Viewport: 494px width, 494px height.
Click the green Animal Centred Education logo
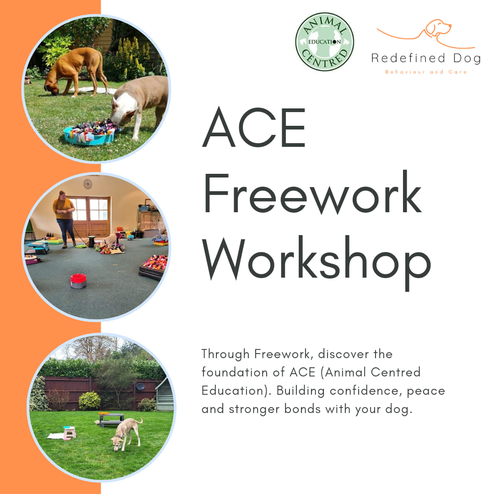click(x=324, y=42)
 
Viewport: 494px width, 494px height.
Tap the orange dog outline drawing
click(x=425, y=33)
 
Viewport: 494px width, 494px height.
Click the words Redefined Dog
click(x=426, y=59)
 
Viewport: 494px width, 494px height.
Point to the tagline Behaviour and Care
click(x=426, y=72)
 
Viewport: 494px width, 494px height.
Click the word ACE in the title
click(x=254, y=127)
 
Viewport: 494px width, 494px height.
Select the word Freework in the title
click(x=313, y=192)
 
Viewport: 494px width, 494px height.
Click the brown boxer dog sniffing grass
click(x=75, y=71)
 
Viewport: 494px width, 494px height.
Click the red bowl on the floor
click(x=79, y=281)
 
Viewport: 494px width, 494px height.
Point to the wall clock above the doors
click(x=87, y=183)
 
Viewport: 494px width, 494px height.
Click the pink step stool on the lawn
click(x=70, y=433)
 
